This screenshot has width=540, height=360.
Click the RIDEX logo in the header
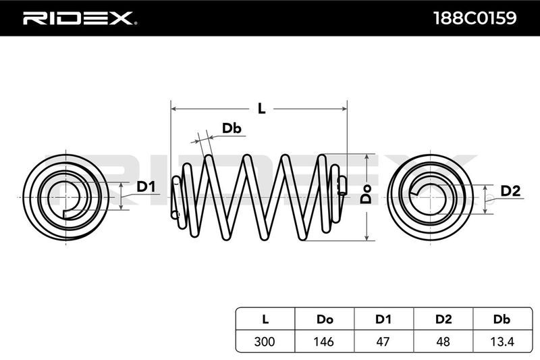[80, 18]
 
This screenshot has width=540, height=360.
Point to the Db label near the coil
[232, 128]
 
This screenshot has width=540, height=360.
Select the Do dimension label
[364, 196]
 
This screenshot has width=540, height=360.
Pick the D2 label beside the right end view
[510, 191]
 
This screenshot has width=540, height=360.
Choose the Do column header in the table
[324, 317]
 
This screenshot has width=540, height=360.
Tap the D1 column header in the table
[383, 317]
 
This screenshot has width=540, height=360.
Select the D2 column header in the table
[443, 317]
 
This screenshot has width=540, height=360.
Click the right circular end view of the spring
[431, 196]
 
